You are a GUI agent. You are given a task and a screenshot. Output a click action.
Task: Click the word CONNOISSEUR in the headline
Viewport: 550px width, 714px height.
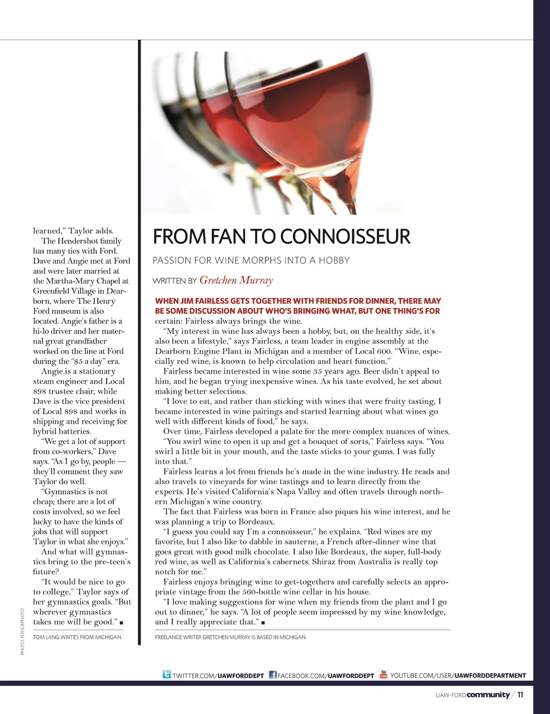345,237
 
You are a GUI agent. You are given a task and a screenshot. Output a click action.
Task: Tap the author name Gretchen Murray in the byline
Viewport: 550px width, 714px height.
236,280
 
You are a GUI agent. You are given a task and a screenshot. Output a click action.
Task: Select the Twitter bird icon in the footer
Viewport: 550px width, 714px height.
167,674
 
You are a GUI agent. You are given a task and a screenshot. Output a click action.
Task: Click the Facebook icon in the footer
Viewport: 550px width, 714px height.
272,675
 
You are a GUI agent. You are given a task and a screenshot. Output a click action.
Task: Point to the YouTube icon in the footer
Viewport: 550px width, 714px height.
383,674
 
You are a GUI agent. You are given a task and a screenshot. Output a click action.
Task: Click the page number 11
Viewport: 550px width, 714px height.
520,695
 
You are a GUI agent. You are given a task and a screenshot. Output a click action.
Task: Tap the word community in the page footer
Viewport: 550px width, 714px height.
488,695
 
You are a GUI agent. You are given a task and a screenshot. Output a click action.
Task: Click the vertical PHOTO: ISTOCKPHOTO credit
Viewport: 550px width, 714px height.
23,631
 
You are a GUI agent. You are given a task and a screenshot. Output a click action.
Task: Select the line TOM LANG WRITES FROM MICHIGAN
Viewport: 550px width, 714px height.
77,637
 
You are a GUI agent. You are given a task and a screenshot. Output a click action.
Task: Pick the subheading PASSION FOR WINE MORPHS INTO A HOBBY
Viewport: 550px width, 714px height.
251,260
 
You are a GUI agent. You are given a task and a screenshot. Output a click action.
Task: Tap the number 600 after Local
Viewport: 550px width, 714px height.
383,351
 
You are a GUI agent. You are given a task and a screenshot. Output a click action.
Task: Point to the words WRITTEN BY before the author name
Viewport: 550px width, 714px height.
175,281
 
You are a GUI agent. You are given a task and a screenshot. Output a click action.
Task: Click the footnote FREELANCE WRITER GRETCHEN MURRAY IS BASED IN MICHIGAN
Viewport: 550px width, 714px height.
230,637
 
